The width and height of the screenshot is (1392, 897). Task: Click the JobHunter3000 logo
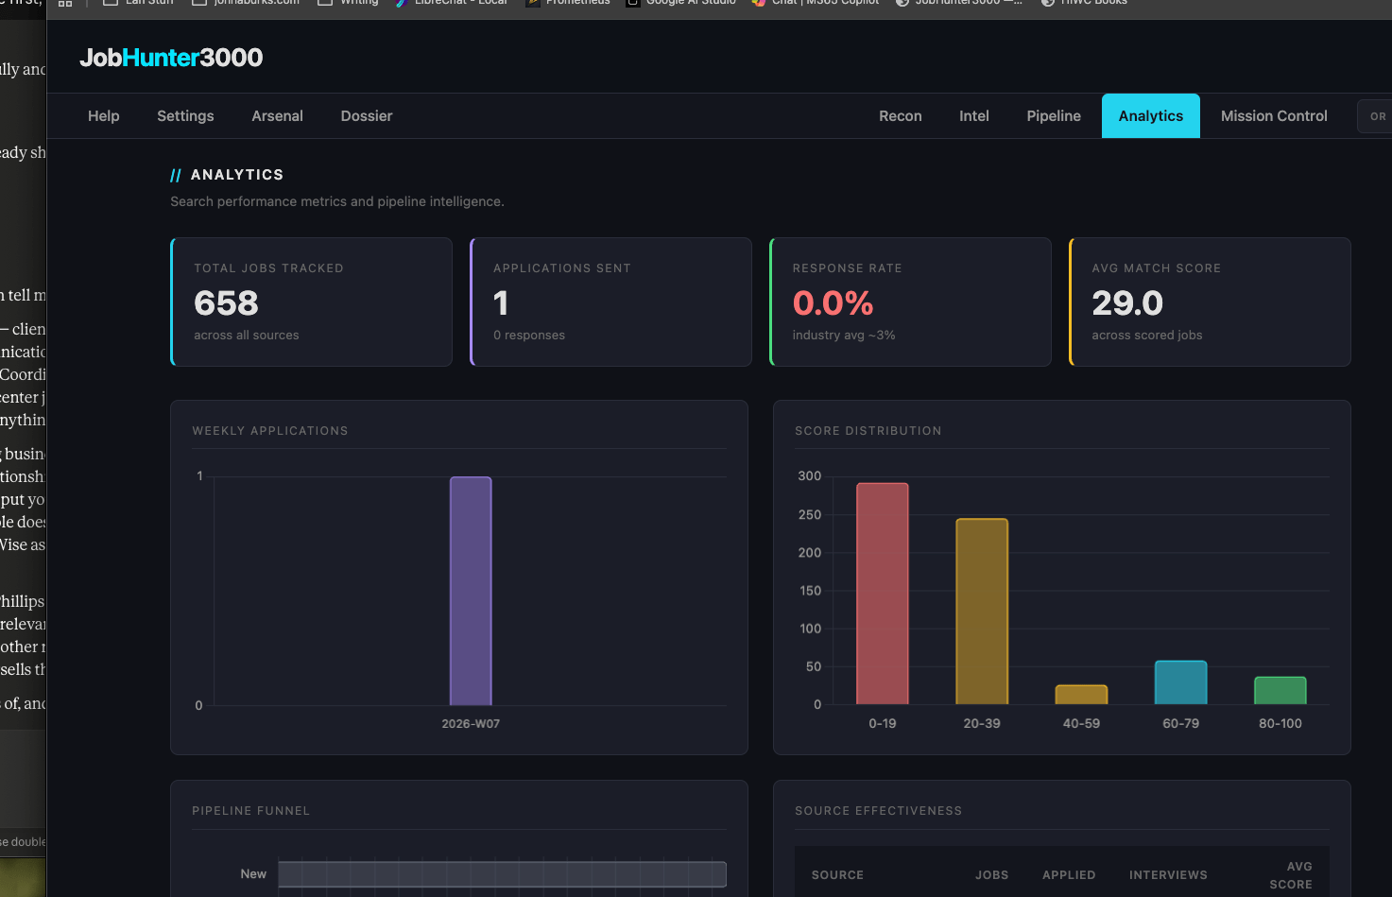coord(171,58)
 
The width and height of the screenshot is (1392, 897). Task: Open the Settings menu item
coord(185,116)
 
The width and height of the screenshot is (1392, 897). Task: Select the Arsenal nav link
coord(277,116)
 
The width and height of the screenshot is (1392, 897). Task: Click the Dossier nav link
coord(367,116)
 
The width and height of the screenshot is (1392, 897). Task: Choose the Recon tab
coord(900,116)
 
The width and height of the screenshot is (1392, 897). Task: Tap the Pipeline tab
coord(1054,116)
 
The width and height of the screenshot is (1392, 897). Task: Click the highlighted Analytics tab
coord(1150,116)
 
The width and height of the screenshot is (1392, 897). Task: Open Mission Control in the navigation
coord(1274,116)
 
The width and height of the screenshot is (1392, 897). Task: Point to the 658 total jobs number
coord(226,303)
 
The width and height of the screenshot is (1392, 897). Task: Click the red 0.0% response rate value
coord(833,303)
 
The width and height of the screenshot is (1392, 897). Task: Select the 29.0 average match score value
coord(1127,303)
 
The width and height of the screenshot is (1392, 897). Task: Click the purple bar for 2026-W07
coord(471,591)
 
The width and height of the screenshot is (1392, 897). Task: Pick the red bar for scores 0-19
coord(882,594)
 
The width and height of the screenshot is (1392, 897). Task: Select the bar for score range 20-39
coord(982,612)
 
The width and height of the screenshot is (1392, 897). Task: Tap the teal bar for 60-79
coord(1180,682)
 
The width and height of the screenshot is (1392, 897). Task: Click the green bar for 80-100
coord(1280,691)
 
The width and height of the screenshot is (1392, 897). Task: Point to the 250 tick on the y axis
coord(810,515)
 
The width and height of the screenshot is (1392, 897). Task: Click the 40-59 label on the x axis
coord(1081,724)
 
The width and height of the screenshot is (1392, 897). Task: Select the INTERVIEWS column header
coord(1168,875)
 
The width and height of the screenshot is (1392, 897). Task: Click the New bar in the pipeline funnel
coord(502,874)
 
